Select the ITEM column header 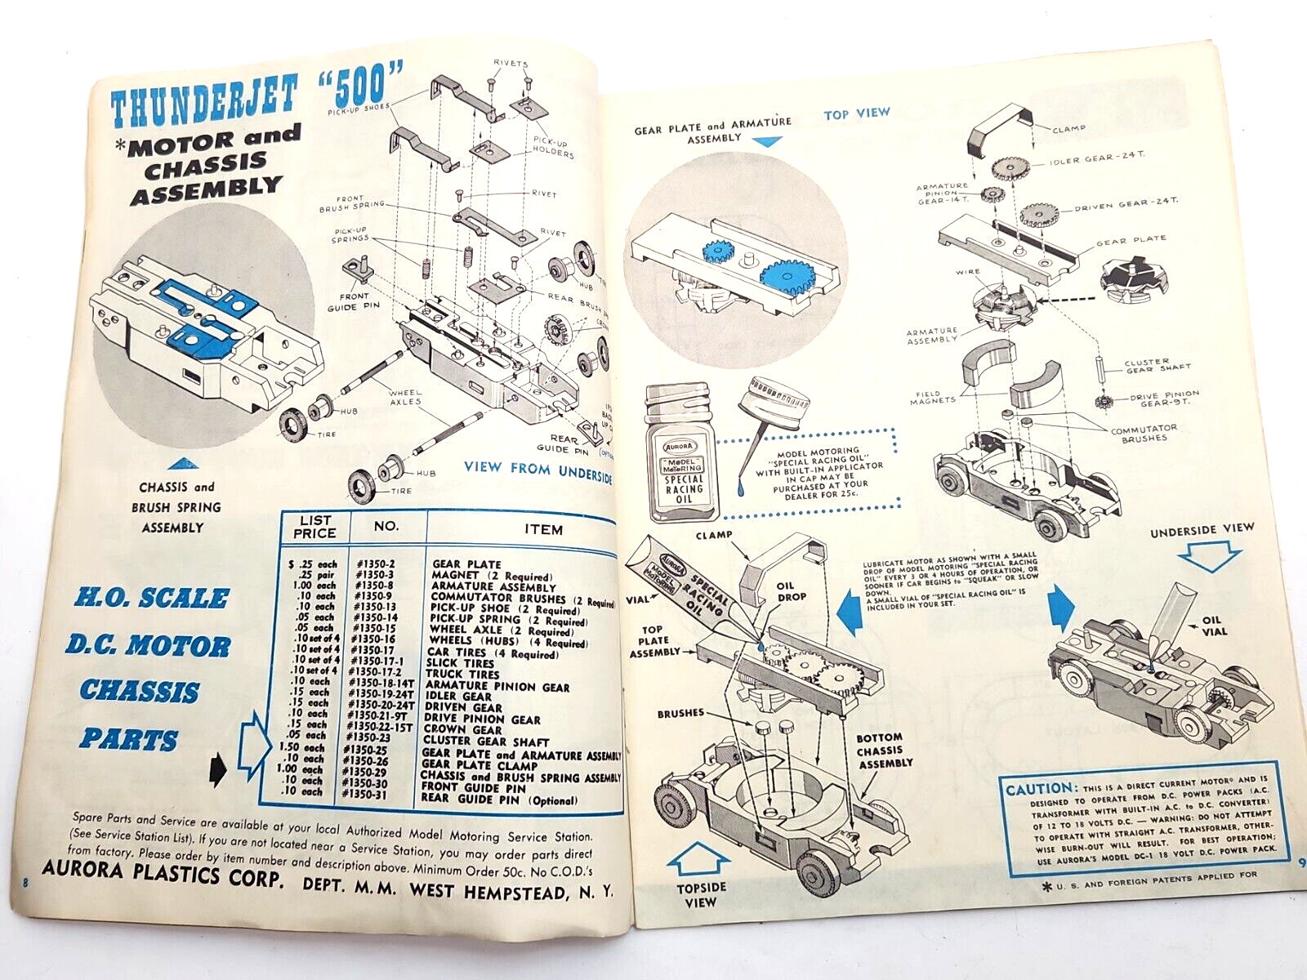point(543,529)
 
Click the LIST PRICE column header point(315,527)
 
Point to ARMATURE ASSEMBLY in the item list point(493,586)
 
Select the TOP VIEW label point(856,114)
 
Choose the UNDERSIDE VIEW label point(1201,529)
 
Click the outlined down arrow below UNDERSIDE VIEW point(1210,557)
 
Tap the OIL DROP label point(791,590)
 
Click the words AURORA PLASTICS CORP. point(163,874)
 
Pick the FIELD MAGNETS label point(932,397)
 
